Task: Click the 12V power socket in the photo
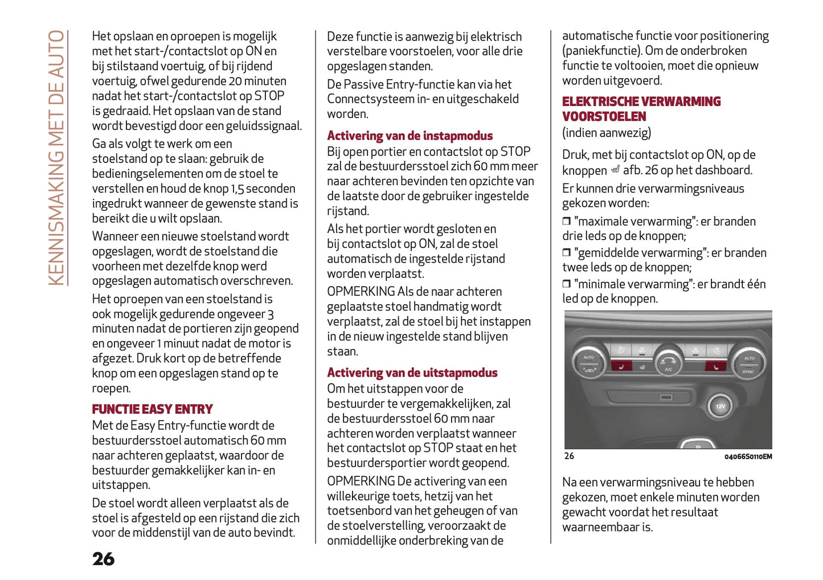(720, 406)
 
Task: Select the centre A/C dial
(668, 362)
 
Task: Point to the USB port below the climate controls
(665, 397)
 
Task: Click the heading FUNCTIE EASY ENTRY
(152, 409)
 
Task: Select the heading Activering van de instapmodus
(410, 136)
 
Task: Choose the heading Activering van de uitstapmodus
(412, 373)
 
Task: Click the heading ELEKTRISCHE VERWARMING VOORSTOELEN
(641, 109)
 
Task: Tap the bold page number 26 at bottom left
(103, 559)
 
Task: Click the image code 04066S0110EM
(748, 457)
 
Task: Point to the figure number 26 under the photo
(569, 456)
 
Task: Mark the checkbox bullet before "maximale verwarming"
(566, 221)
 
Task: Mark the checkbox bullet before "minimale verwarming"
(566, 284)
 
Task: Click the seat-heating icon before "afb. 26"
(615, 170)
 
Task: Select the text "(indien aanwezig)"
(606, 133)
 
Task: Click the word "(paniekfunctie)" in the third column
(601, 51)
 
